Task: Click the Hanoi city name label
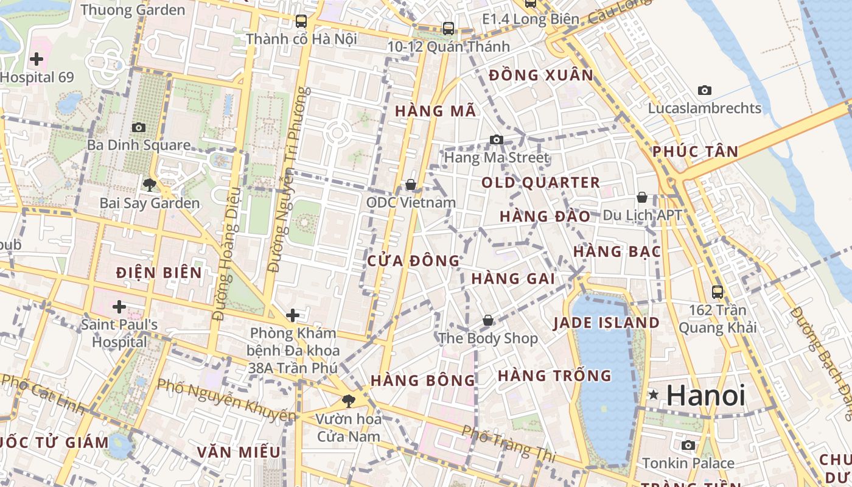706,396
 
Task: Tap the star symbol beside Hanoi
654,394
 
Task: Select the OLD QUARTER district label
540,183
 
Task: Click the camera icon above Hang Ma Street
496,140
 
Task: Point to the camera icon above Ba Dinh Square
139,128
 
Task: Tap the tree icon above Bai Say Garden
149,184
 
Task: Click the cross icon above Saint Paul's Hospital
119,306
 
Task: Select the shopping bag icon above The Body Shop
488,320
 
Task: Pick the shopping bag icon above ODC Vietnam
411,184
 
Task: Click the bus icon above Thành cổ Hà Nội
301,21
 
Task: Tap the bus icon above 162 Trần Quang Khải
718,292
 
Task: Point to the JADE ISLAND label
606,323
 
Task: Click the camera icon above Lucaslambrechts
704,91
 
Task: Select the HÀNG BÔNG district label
423,380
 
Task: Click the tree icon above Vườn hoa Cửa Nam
348,401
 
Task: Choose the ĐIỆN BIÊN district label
159,273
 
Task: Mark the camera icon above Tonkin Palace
688,446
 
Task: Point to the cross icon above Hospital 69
37,59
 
